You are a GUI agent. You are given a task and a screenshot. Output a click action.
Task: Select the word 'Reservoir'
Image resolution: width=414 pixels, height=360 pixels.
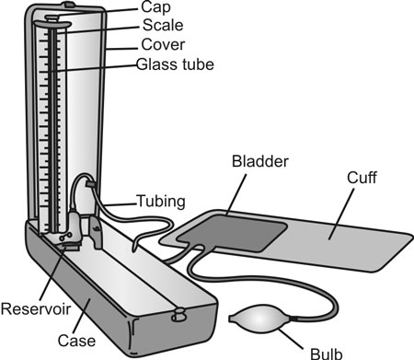point(33,307)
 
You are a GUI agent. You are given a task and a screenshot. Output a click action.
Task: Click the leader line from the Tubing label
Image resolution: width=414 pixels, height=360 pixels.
point(117,202)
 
